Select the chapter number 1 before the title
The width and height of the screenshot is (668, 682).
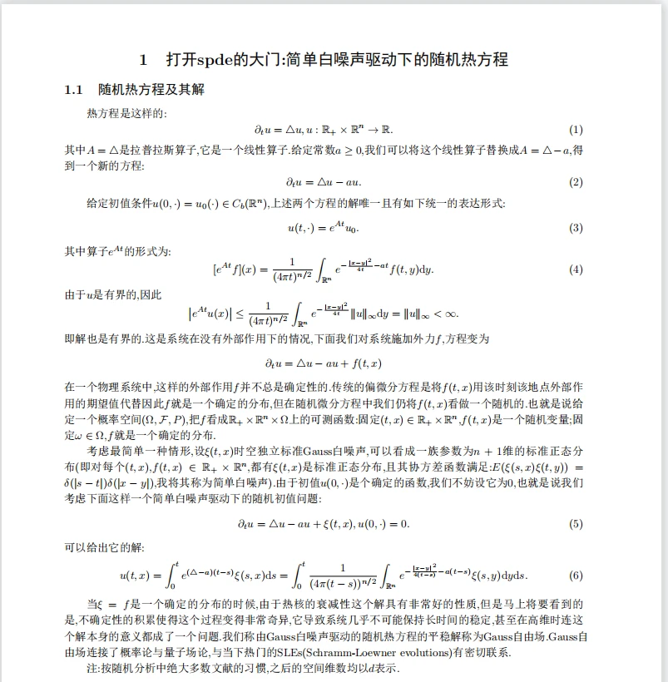click(143, 60)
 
